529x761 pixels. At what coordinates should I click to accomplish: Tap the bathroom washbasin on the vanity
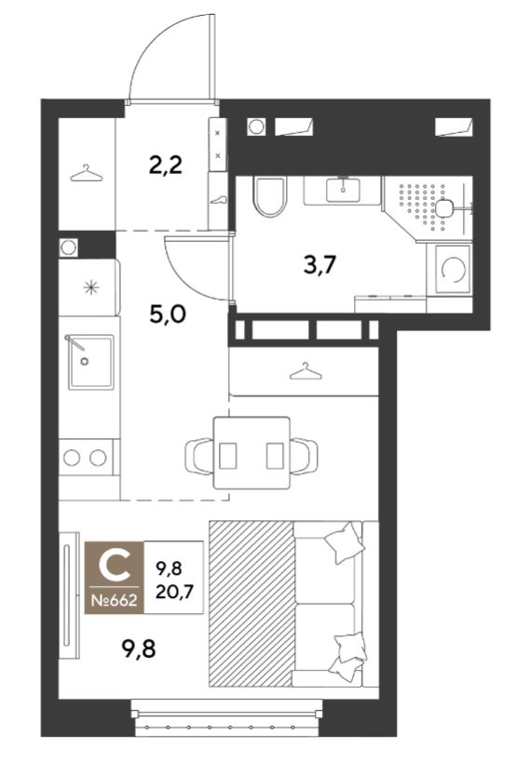coord(344,190)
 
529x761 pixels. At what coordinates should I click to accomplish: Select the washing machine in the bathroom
coord(453,269)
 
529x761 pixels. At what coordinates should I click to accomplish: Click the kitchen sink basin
coord(91,362)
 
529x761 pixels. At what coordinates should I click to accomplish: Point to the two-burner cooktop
coord(87,457)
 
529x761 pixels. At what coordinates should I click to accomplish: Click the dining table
coord(251,452)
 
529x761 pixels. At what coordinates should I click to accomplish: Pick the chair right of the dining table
coord(305,456)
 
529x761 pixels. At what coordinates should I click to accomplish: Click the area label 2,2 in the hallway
coord(166,166)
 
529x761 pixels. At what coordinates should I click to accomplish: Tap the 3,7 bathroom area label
coord(319,265)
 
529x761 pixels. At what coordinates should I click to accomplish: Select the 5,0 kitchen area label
coord(168,314)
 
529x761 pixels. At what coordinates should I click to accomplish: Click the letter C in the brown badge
coord(115,567)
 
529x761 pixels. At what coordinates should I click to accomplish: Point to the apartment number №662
coord(115,600)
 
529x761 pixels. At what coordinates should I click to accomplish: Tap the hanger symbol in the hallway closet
coord(87,173)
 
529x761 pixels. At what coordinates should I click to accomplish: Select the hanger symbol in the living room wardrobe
coord(305,371)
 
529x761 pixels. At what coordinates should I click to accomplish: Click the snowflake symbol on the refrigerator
coord(91,287)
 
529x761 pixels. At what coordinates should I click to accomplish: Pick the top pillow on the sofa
coord(345,542)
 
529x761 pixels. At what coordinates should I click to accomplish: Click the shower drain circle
coord(443,209)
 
